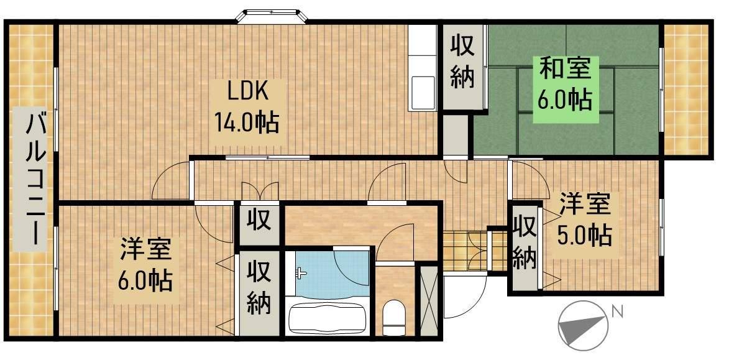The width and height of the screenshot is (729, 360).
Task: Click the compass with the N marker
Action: click(583, 324)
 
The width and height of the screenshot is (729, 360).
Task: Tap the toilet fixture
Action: click(393, 317)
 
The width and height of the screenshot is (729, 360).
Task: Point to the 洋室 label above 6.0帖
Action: click(145, 251)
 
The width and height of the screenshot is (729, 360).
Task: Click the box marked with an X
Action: click(429, 300)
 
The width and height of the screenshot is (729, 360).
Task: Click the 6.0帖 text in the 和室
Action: click(564, 99)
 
